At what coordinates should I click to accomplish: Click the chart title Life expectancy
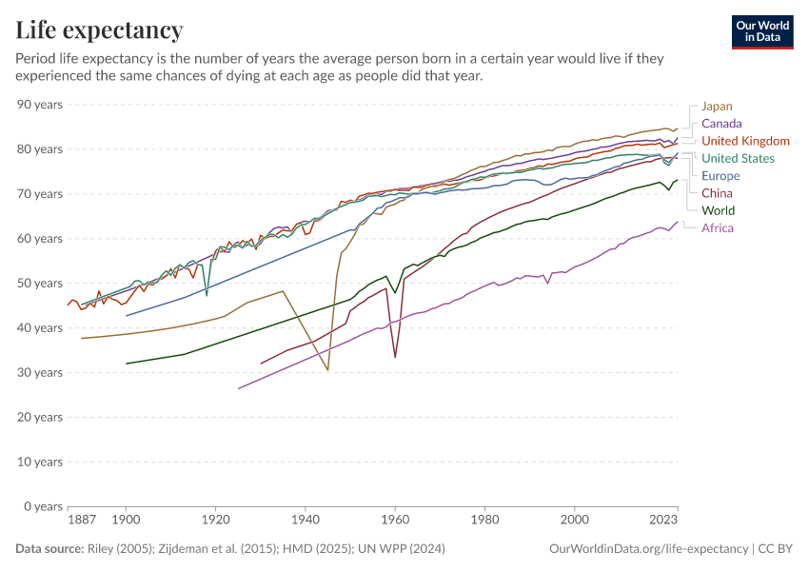pos(100,30)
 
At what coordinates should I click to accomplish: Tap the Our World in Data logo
pos(762,31)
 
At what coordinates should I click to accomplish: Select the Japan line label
pos(717,107)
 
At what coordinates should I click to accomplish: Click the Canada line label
pos(721,124)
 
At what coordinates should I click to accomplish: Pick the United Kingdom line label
pos(745,141)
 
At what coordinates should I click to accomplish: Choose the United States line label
pos(738,159)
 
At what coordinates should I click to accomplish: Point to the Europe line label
pos(720,176)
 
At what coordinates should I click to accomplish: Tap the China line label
pos(717,193)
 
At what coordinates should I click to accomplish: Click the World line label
pos(718,210)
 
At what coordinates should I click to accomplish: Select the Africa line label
pos(718,228)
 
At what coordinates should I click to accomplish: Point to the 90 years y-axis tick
pos(40,105)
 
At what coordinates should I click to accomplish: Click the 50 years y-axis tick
pos(40,284)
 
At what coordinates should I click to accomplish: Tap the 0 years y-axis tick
pos(43,506)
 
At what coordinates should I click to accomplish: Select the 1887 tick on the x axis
pos(82,522)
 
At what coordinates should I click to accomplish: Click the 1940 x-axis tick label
pos(306,522)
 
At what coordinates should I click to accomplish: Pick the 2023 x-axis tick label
pos(662,522)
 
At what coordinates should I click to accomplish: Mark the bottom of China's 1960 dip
pos(395,358)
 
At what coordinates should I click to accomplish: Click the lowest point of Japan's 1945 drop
pos(327,370)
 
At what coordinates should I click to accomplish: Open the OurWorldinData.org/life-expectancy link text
pos(649,549)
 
